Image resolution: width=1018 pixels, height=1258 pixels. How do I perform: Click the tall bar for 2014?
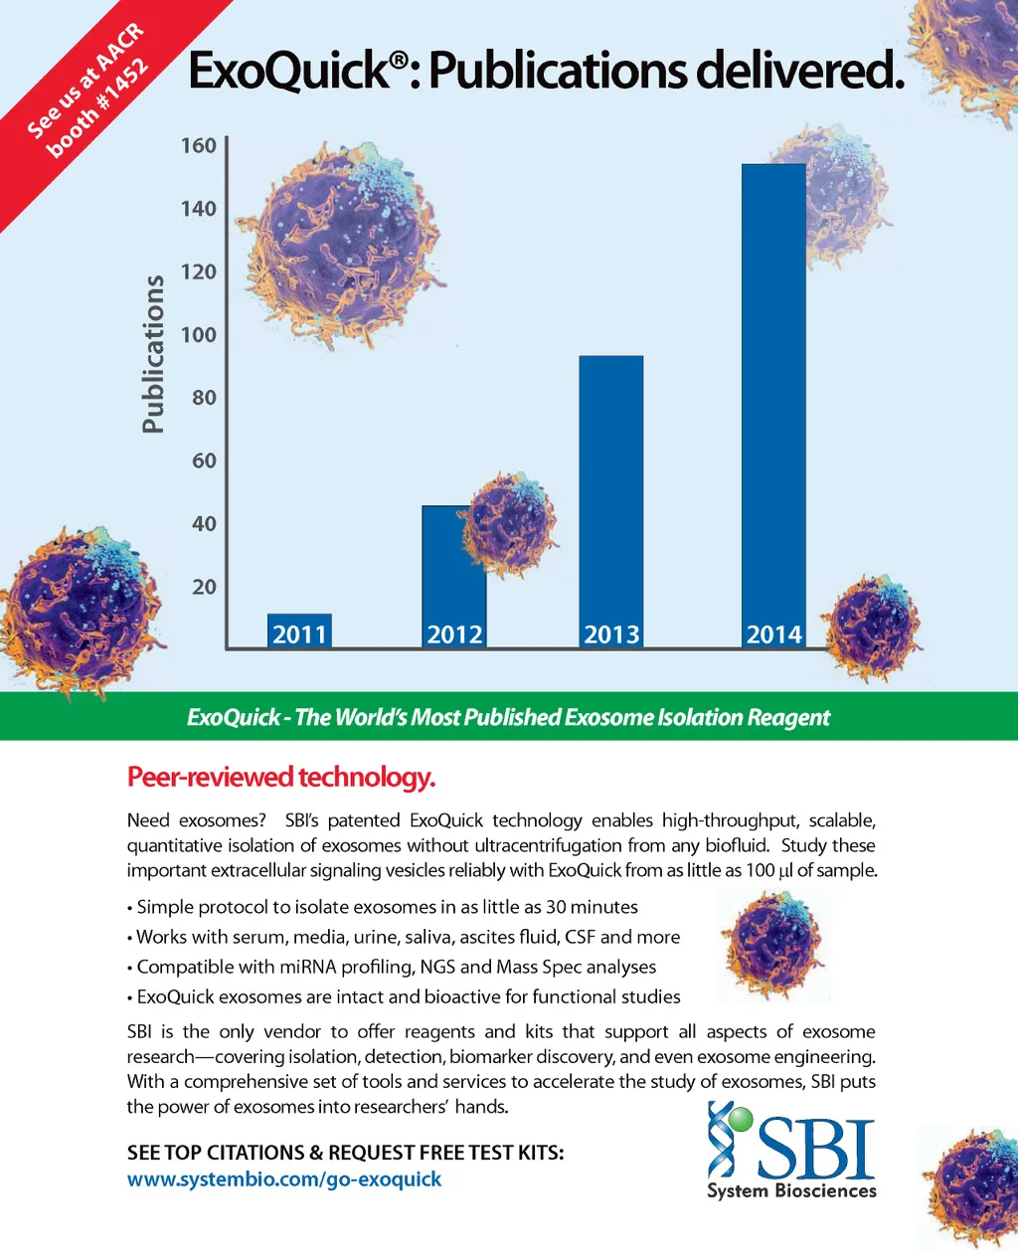pos(773,398)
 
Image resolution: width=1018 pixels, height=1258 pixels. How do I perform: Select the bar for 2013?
pos(610,497)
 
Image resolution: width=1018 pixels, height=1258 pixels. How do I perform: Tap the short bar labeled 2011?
pos(299,630)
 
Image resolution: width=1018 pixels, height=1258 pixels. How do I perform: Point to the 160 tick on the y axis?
pos(198,146)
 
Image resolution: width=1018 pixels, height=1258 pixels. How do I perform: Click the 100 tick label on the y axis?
pos(198,335)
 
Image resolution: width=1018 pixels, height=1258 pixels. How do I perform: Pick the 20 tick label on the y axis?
pos(203,587)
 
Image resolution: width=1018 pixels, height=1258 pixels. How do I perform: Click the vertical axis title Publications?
pos(152,354)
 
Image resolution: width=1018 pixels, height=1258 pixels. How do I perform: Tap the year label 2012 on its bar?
pos(454,634)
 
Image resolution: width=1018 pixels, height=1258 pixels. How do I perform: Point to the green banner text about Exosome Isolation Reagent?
pos(508,717)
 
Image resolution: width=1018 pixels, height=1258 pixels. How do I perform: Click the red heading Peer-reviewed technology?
pos(281,777)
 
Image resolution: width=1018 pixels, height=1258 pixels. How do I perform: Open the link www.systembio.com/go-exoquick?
pos(284,1179)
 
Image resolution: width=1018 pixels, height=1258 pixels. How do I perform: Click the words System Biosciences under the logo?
pos(791,1190)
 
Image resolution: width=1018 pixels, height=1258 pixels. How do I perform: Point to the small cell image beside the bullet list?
pos(773,945)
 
